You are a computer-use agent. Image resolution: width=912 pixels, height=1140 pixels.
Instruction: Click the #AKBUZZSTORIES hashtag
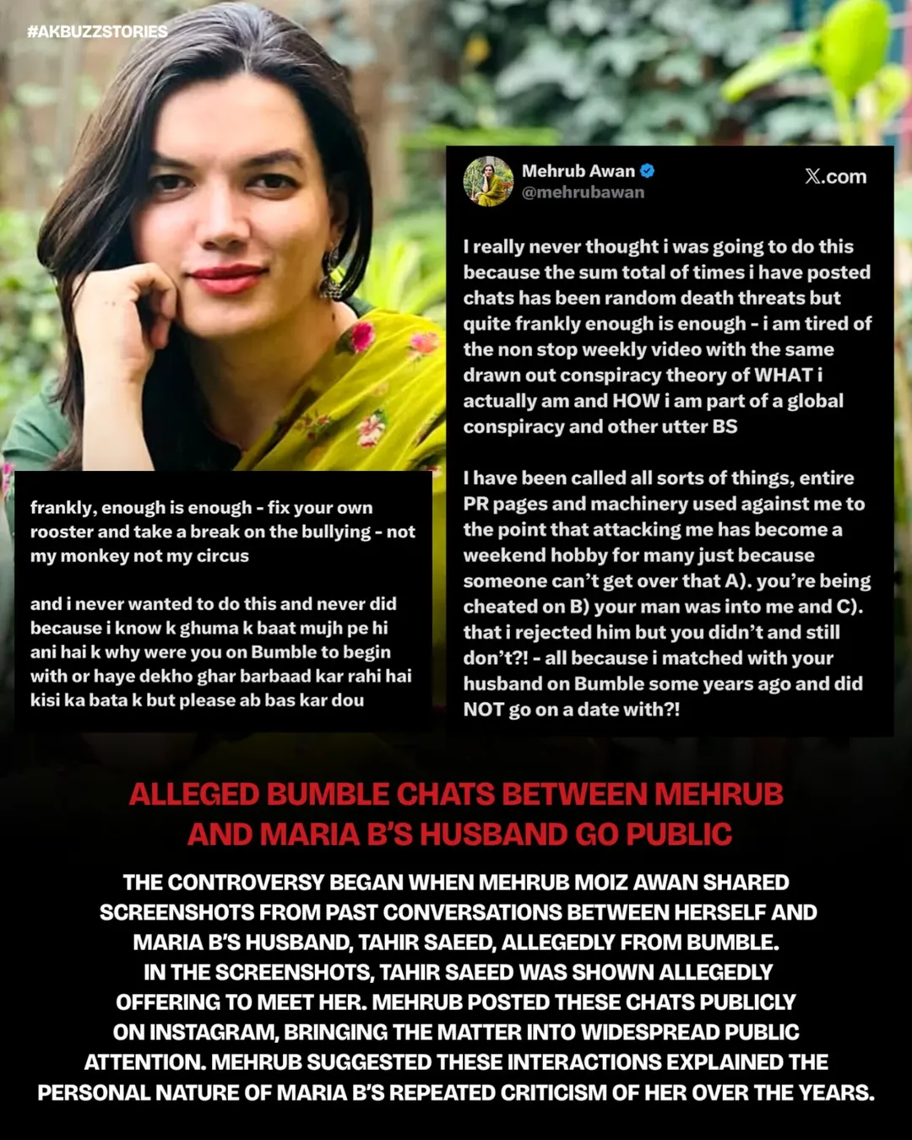97,32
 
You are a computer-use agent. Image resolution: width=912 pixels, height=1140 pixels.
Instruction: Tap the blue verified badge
648,170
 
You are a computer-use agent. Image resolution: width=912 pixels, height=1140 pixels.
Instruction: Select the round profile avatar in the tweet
488,181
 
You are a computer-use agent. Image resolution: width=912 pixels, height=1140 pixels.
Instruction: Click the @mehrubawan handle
583,192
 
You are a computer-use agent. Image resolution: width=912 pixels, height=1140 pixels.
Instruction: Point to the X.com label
835,176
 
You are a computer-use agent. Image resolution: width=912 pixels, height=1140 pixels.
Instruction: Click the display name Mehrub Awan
578,170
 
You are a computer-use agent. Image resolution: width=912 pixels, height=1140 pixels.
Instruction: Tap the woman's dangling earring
330,274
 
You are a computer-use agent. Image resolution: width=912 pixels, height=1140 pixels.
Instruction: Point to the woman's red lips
227,277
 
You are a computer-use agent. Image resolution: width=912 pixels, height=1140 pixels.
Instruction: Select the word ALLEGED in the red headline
193,795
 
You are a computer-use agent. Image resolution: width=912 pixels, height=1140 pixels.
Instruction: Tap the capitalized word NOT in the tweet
483,710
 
